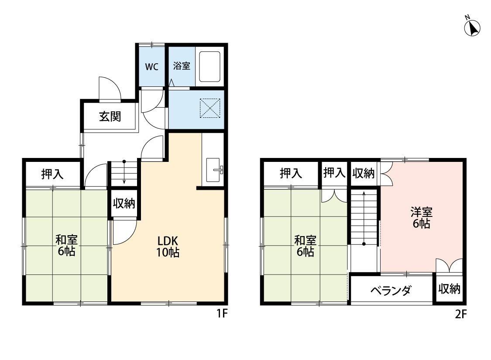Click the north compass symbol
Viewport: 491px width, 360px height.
(472, 27)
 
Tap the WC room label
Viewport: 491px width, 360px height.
(151, 67)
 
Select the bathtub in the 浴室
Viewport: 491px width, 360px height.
(210, 67)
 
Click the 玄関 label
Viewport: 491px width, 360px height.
(110, 117)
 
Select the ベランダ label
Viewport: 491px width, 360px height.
(391, 291)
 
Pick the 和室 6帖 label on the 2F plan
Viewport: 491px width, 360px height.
(305, 246)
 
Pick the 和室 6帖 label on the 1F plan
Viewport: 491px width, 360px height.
(66, 245)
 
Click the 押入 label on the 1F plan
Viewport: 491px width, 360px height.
(52, 175)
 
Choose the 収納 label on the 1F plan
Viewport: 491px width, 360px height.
(124, 203)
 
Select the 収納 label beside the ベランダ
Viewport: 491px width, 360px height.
(450, 289)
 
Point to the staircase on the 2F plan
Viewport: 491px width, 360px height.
(364, 218)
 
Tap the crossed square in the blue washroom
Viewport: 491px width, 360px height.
(210, 108)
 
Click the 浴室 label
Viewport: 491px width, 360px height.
(182, 67)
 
